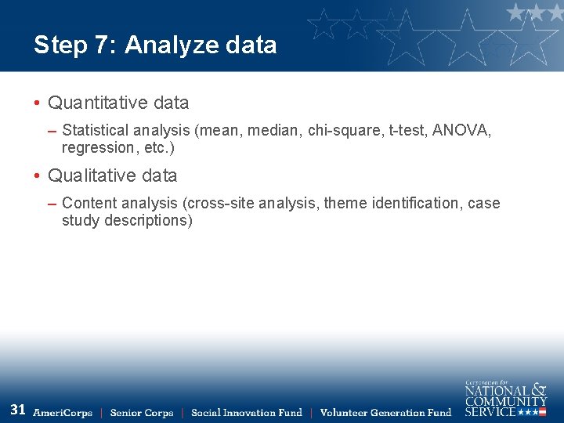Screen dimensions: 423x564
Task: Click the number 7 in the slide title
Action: point(102,45)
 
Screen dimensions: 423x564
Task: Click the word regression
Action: point(98,148)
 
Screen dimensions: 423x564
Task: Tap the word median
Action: point(274,130)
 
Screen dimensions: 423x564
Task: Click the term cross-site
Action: point(222,203)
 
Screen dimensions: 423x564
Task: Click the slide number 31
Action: point(18,409)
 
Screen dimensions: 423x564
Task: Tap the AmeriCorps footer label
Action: point(63,413)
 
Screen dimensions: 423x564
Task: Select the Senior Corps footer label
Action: point(142,413)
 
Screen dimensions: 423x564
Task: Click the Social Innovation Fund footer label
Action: point(246,413)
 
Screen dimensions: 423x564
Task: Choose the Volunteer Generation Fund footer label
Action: point(385,413)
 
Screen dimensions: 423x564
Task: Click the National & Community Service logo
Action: point(505,399)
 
